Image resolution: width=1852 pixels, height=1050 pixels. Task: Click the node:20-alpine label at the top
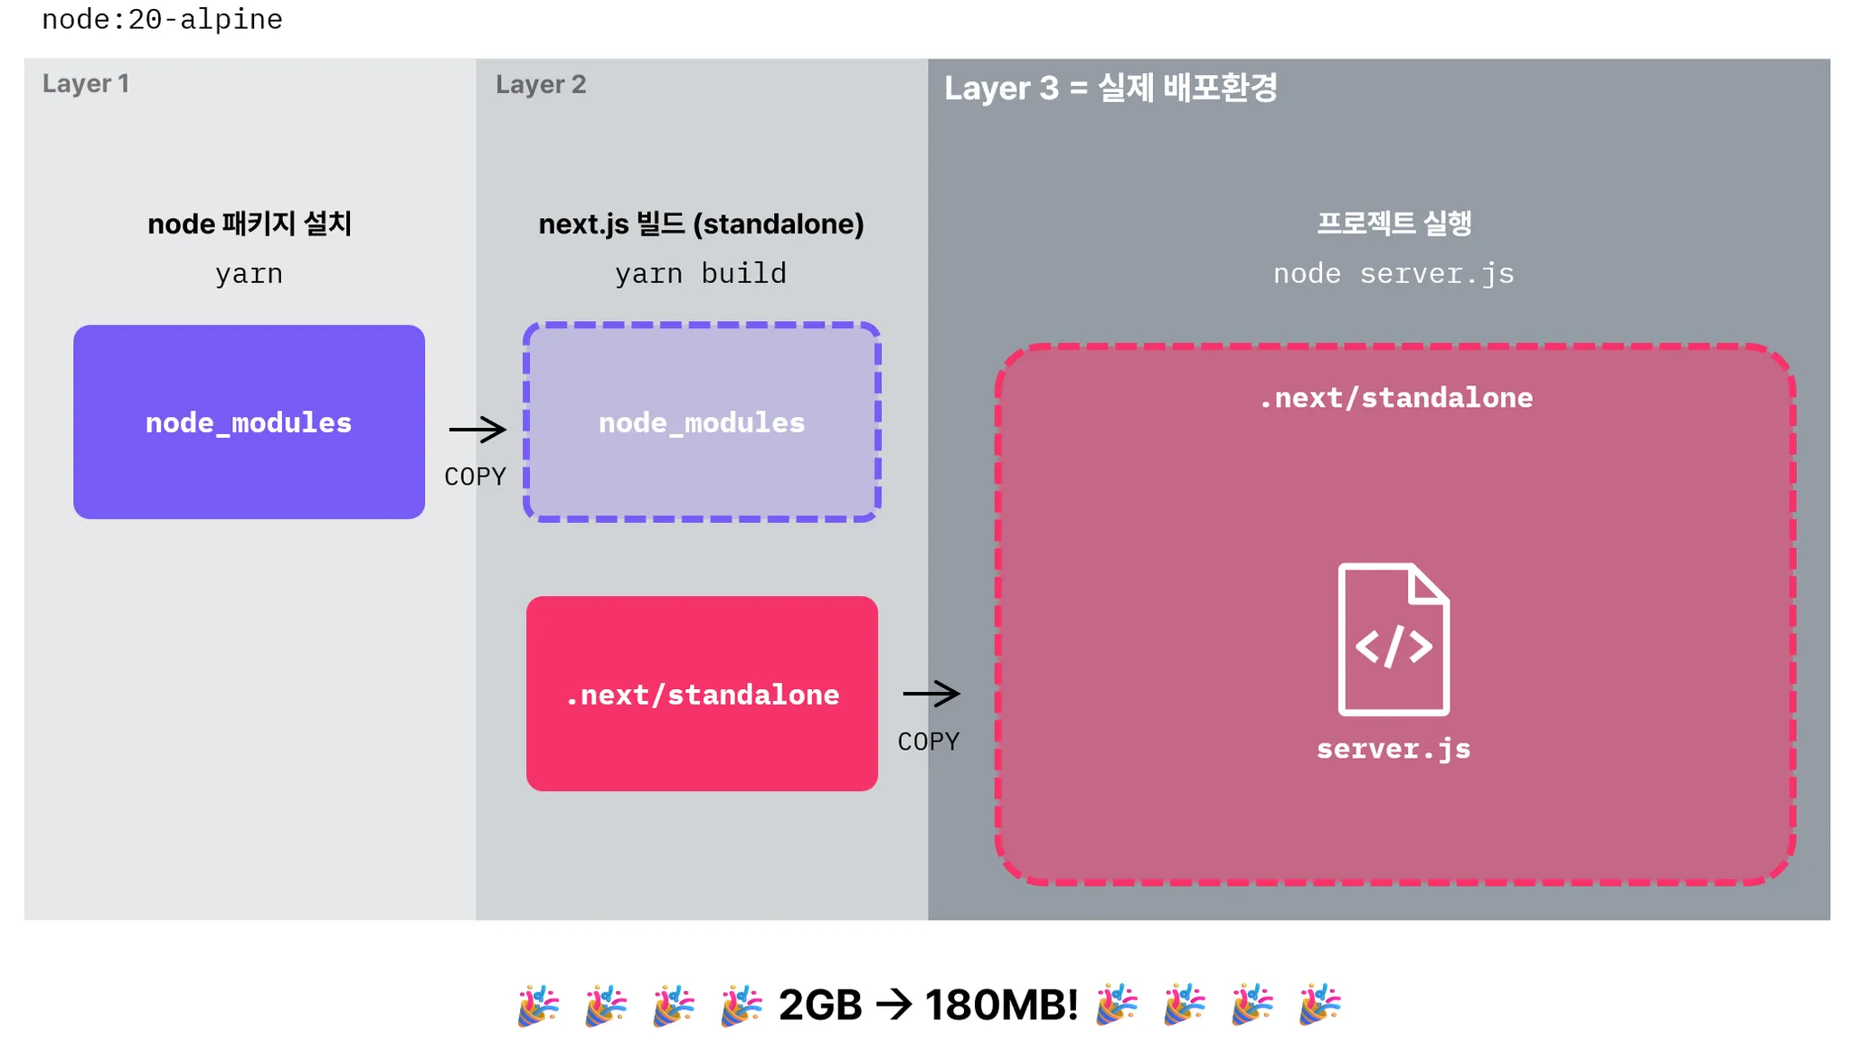pyautogui.click(x=162, y=19)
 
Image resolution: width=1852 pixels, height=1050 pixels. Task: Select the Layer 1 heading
pyautogui.click(x=86, y=84)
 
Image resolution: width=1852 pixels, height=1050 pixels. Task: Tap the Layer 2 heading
pyautogui.click(x=541, y=85)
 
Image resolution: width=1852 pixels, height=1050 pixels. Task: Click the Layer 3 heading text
pyautogui.click(x=1110, y=89)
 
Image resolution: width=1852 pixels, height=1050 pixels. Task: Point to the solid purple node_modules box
pyautogui.click(x=249, y=422)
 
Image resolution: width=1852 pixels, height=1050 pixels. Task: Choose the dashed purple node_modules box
pyautogui.click(x=702, y=422)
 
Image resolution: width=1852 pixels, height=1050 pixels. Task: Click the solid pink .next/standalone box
pyautogui.click(x=702, y=694)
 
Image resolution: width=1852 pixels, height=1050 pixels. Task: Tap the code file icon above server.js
pyautogui.click(x=1394, y=639)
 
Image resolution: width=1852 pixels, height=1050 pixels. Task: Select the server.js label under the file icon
pyautogui.click(x=1394, y=749)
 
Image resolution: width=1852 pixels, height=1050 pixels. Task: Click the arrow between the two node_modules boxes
pyautogui.click(x=477, y=430)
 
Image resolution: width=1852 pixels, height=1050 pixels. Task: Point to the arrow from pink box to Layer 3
pyautogui.click(x=931, y=694)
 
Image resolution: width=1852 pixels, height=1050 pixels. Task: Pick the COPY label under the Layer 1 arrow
pyautogui.click(x=475, y=477)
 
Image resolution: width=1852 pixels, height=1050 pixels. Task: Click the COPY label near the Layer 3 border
pyautogui.click(x=929, y=742)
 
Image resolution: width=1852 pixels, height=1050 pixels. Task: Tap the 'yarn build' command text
pyautogui.click(x=701, y=273)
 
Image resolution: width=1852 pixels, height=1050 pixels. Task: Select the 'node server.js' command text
pyautogui.click(x=1394, y=273)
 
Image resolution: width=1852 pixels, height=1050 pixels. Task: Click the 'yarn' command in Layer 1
pyautogui.click(x=249, y=273)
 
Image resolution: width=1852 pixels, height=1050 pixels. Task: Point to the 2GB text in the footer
pyautogui.click(x=820, y=1005)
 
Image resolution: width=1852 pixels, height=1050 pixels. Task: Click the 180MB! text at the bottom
pyautogui.click(x=1002, y=1005)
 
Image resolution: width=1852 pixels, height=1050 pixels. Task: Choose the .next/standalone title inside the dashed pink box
pyautogui.click(x=1395, y=398)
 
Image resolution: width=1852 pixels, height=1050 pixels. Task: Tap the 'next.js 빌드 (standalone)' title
pyautogui.click(x=701, y=224)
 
